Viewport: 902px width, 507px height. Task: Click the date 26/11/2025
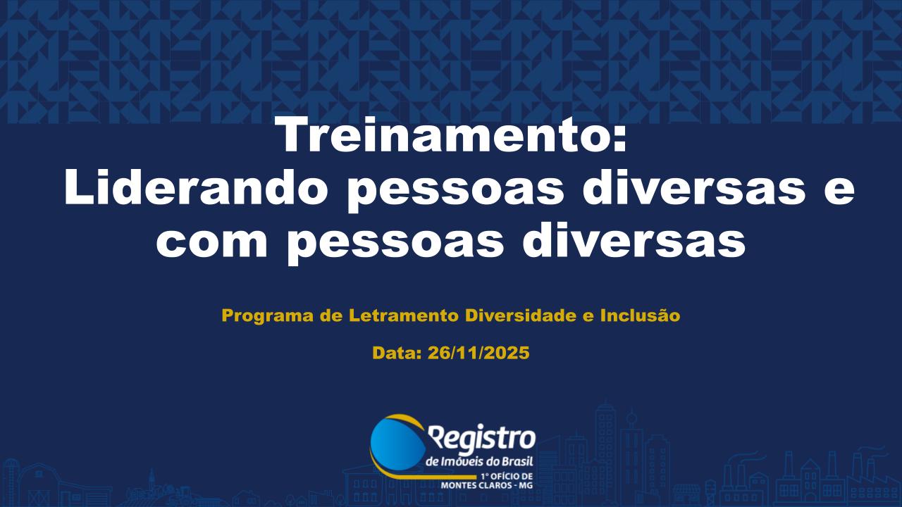tap(478, 353)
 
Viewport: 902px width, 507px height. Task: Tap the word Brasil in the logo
tap(517, 462)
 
